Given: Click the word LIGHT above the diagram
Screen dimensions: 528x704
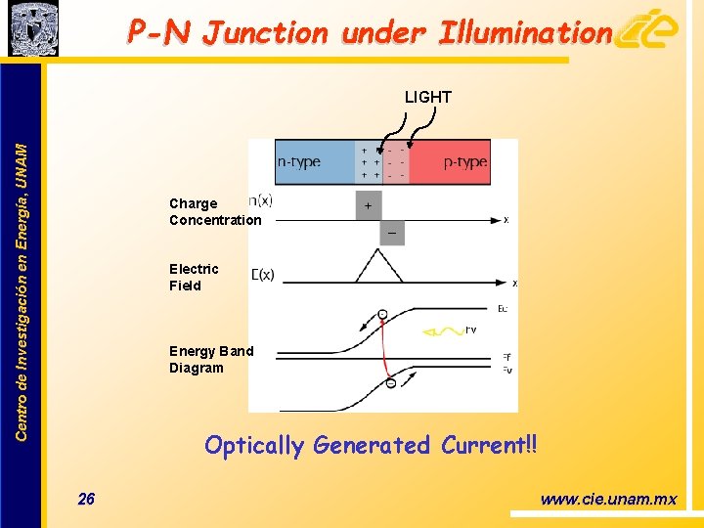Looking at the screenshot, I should click(428, 97).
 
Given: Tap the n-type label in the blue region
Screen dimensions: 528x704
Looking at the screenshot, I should click(299, 162).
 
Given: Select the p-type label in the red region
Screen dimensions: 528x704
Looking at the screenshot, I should click(464, 162).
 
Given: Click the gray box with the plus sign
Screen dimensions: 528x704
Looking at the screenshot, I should click(369, 205).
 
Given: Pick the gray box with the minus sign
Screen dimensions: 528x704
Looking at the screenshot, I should click(392, 234).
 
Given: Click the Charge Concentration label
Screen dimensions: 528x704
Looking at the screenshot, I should click(215, 212).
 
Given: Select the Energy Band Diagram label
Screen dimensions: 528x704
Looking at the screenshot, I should click(210, 359).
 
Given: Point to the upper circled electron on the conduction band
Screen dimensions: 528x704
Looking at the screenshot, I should click(381, 313).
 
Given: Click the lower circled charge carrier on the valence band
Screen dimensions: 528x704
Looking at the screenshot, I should click(390, 382).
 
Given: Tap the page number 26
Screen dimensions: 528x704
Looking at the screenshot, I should click(86, 500).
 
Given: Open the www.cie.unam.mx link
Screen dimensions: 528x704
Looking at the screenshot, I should click(607, 500).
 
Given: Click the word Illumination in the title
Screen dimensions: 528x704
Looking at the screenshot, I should click(525, 33).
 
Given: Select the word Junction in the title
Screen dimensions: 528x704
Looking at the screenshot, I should click(264, 33).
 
